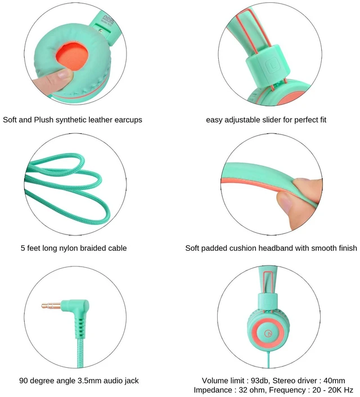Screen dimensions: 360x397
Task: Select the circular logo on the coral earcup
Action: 268,333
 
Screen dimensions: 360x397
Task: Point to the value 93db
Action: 260,381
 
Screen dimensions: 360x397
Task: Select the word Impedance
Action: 212,390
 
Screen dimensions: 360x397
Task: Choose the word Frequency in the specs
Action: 289,390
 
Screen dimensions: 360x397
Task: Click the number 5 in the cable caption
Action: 23,248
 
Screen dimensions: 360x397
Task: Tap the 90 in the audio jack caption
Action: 23,381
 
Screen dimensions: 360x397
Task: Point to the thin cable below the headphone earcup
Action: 268,359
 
